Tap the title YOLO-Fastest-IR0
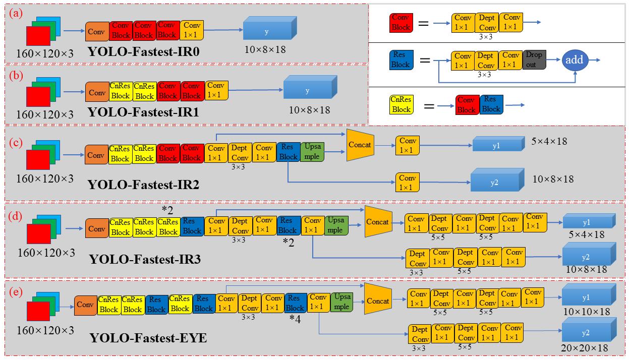coord(143,51)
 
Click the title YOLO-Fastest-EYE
coord(148,337)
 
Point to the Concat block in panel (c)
coord(360,145)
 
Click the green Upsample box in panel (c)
coord(313,151)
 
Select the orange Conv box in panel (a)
coord(96,31)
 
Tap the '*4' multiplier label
coord(296,319)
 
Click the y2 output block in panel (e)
coord(586,333)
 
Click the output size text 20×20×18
coord(585,348)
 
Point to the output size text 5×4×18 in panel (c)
coord(549,141)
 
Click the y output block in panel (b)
coord(307,90)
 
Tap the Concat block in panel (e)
coord(378,301)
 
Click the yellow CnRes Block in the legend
coord(401,104)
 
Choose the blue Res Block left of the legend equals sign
coord(401,60)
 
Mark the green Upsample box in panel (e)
coord(341,302)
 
